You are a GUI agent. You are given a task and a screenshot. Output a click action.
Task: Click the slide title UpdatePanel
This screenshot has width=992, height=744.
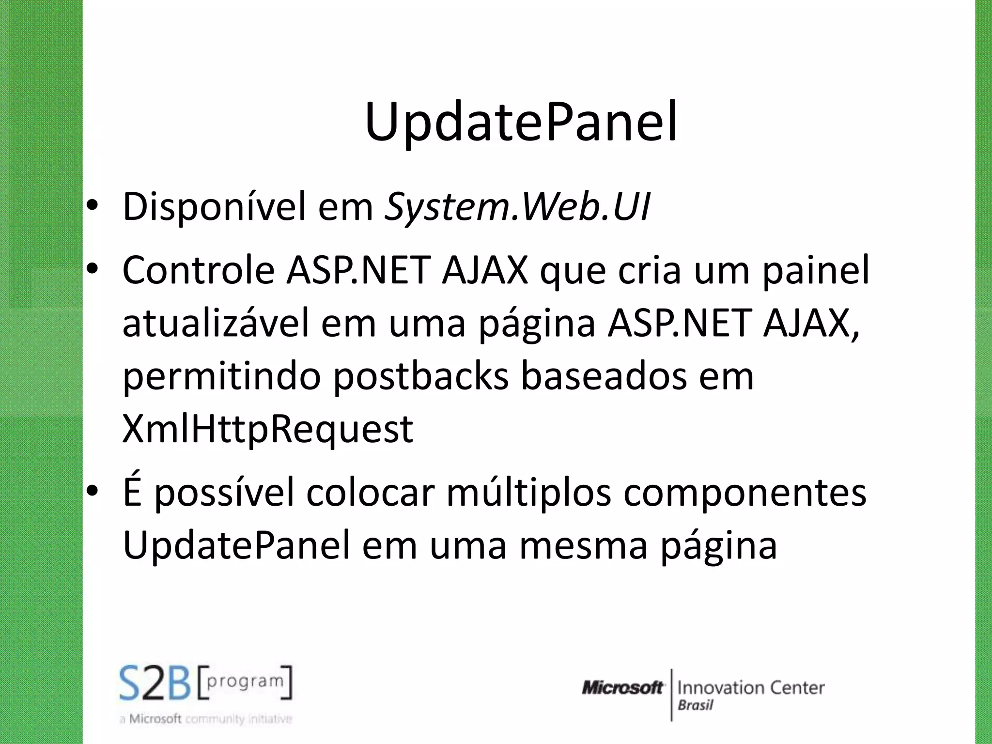tap(521, 123)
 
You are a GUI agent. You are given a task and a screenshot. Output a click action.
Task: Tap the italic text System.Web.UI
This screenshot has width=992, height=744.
tap(517, 207)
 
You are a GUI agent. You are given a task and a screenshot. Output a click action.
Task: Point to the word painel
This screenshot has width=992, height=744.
tap(816, 270)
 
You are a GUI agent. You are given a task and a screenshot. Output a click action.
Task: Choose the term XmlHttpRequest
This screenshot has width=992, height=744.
tap(268, 429)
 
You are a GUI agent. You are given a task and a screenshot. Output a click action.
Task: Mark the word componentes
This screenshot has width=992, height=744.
tap(744, 493)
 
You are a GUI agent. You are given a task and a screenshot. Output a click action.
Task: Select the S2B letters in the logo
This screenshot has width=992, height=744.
tap(155, 683)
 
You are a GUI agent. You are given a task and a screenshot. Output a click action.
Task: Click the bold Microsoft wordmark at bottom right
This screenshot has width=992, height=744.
tap(622, 687)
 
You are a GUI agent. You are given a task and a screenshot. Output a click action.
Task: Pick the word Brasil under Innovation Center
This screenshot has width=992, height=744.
tap(695, 705)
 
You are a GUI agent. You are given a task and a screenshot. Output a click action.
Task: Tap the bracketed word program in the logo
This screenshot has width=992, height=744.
tap(245, 681)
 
